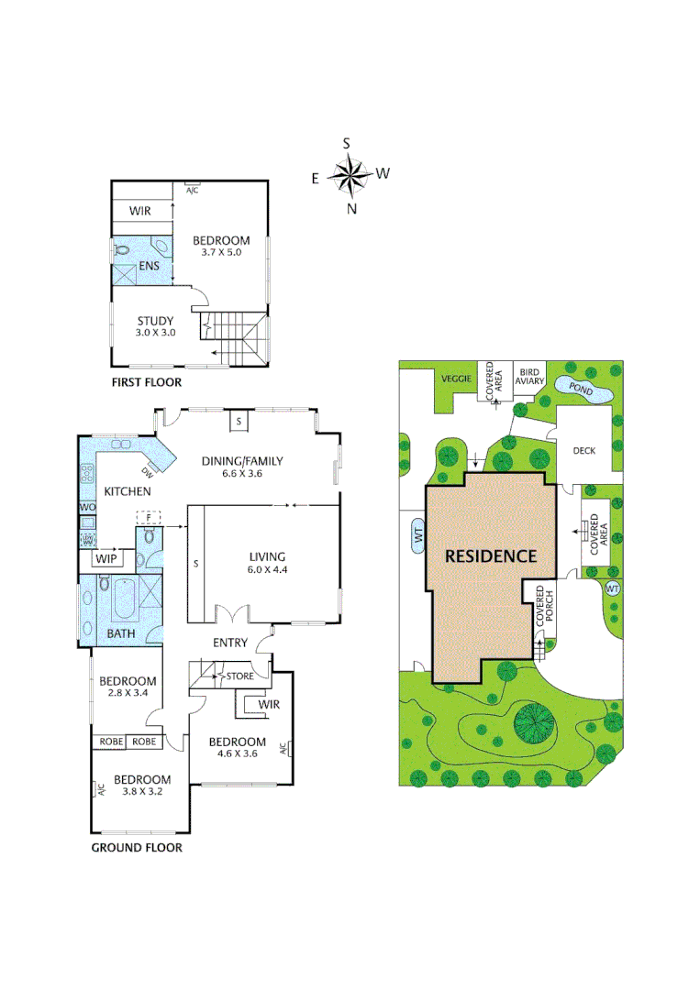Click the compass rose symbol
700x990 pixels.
pos(349,174)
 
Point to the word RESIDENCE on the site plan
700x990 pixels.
pos(491,555)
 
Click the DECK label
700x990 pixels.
pos(583,451)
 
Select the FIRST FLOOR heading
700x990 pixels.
pos(146,382)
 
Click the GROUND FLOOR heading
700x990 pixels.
pos(136,848)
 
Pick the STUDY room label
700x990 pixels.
pos(155,321)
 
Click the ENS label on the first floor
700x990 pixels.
pos(150,267)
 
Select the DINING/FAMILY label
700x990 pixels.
pos(242,461)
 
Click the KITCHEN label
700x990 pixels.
pos(127,492)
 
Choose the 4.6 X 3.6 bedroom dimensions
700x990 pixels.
pos(237,754)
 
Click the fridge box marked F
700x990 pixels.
pos(144,518)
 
